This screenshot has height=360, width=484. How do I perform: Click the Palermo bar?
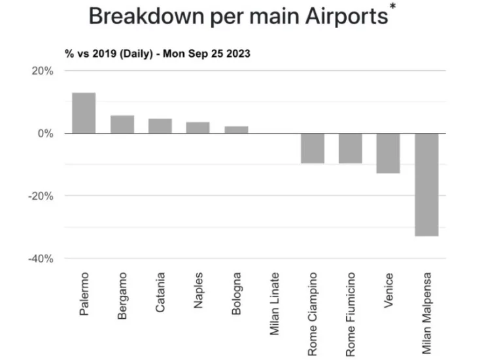click(x=84, y=113)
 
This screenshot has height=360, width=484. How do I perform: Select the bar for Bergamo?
click(x=122, y=124)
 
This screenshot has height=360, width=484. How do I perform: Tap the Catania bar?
click(x=160, y=126)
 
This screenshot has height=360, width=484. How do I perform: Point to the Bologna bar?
click(x=236, y=130)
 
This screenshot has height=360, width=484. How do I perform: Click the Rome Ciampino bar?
click(x=313, y=148)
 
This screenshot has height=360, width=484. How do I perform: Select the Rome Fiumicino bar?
click(x=351, y=148)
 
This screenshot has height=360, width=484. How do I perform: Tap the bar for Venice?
click(x=389, y=153)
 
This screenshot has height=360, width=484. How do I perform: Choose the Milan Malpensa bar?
click(x=426, y=185)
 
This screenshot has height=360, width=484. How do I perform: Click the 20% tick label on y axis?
click(x=43, y=71)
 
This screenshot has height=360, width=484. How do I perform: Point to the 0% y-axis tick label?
click(x=46, y=134)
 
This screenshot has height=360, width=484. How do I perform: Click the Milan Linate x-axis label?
click(x=275, y=304)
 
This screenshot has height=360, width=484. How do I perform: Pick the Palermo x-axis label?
click(x=84, y=294)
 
